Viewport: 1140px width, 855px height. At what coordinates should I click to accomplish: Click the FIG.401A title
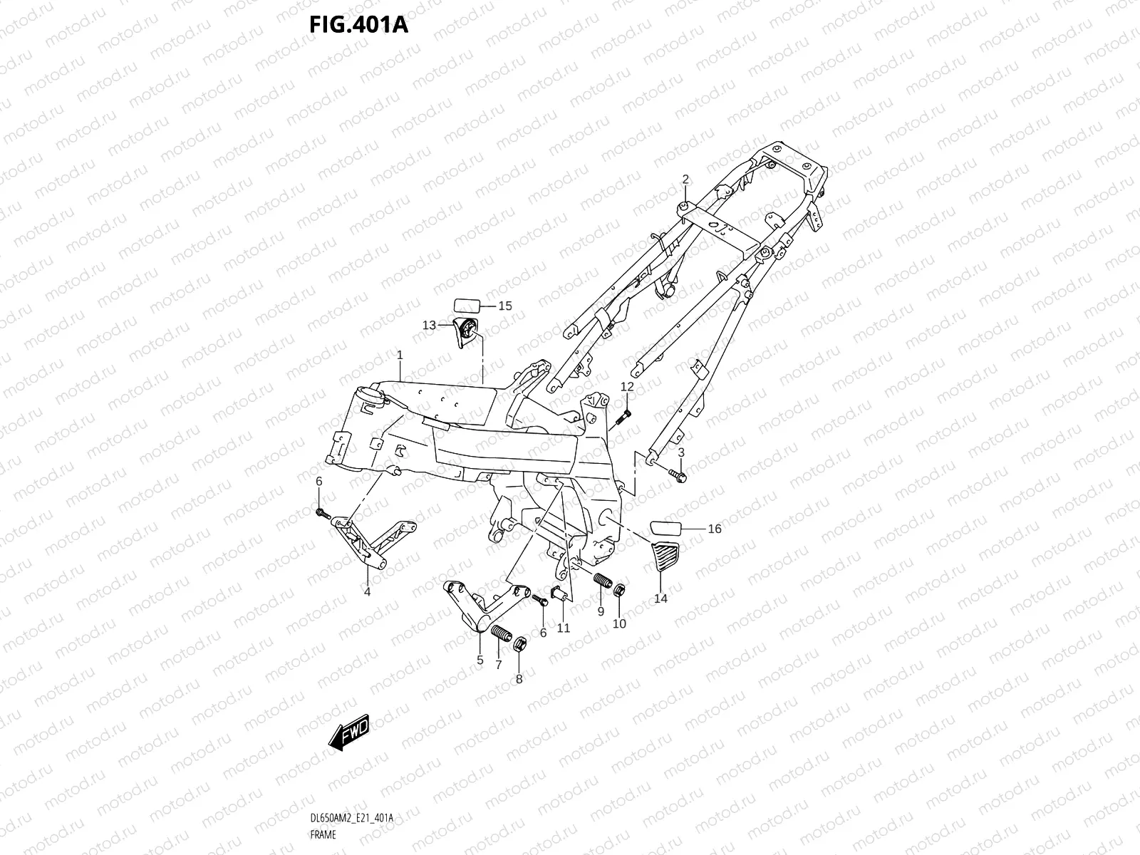click(x=358, y=25)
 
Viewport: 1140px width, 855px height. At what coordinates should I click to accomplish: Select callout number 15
click(x=504, y=306)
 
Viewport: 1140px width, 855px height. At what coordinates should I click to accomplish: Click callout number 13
click(x=429, y=325)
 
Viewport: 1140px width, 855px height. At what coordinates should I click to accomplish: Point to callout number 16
click(x=714, y=529)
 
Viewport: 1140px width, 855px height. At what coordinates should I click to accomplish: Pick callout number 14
click(x=660, y=598)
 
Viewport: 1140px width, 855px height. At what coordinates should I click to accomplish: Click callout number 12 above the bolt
click(x=626, y=386)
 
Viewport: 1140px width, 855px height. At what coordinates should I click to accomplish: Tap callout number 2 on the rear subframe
click(x=685, y=179)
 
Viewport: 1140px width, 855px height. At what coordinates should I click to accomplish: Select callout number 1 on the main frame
click(x=400, y=354)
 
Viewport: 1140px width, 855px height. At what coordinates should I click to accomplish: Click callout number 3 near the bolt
click(x=681, y=452)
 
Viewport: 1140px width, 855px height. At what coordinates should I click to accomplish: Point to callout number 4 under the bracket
click(x=367, y=591)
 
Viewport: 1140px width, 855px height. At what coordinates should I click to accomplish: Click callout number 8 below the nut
click(x=519, y=679)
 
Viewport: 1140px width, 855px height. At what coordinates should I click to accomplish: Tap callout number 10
click(x=619, y=623)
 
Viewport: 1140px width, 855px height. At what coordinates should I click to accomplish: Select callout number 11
click(x=564, y=628)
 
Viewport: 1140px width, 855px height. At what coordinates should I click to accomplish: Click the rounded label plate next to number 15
click(x=467, y=306)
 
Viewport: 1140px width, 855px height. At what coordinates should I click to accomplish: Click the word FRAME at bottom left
click(x=323, y=833)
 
